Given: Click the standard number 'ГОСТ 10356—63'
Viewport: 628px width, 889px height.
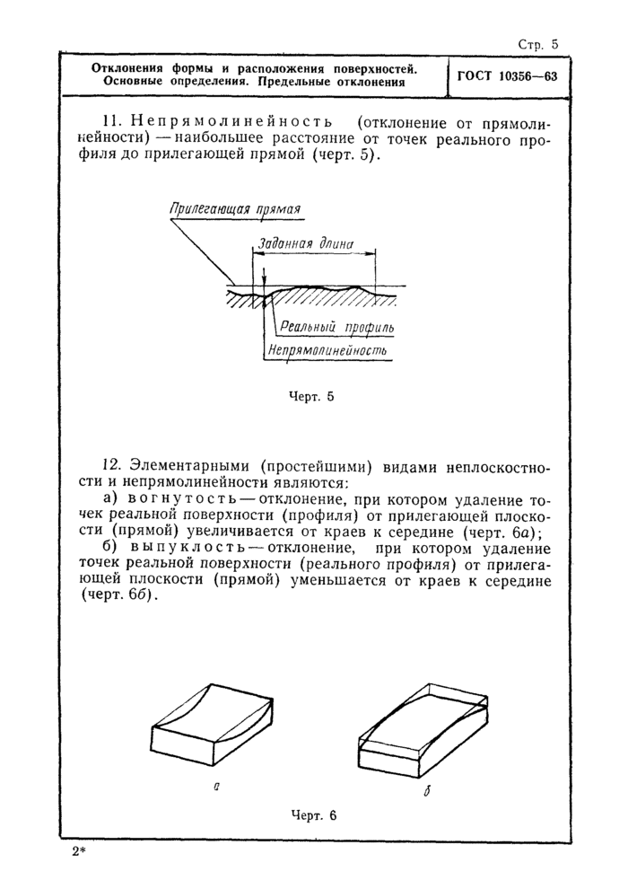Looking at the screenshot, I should [507, 76].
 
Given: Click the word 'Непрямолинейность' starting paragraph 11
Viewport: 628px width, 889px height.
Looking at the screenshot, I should [231, 121].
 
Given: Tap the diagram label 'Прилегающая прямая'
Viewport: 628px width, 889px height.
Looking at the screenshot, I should [235, 209].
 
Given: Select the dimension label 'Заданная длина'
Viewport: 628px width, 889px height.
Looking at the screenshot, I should [305, 243].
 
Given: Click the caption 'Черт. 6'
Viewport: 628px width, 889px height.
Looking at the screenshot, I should [313, 815].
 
